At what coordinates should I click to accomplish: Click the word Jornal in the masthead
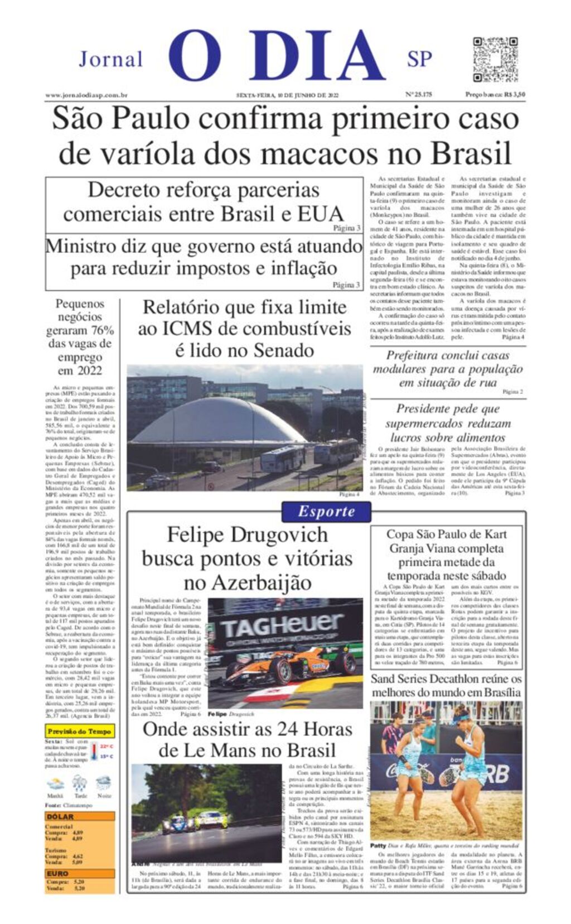[x=110, y=59]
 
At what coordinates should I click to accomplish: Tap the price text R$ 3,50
[x=514, y=95]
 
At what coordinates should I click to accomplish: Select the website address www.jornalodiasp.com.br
[x=86, y=95]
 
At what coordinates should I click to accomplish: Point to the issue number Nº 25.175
[x=418, y=95]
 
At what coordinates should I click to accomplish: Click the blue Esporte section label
[x=326, y=511]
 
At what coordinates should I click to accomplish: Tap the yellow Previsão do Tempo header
[x=80, y=731]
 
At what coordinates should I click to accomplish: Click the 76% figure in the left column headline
[x=102, y=330]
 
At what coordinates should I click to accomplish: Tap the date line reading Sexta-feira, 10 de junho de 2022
[x=287, y=95]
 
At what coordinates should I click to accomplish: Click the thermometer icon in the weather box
[x=94, y=750]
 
